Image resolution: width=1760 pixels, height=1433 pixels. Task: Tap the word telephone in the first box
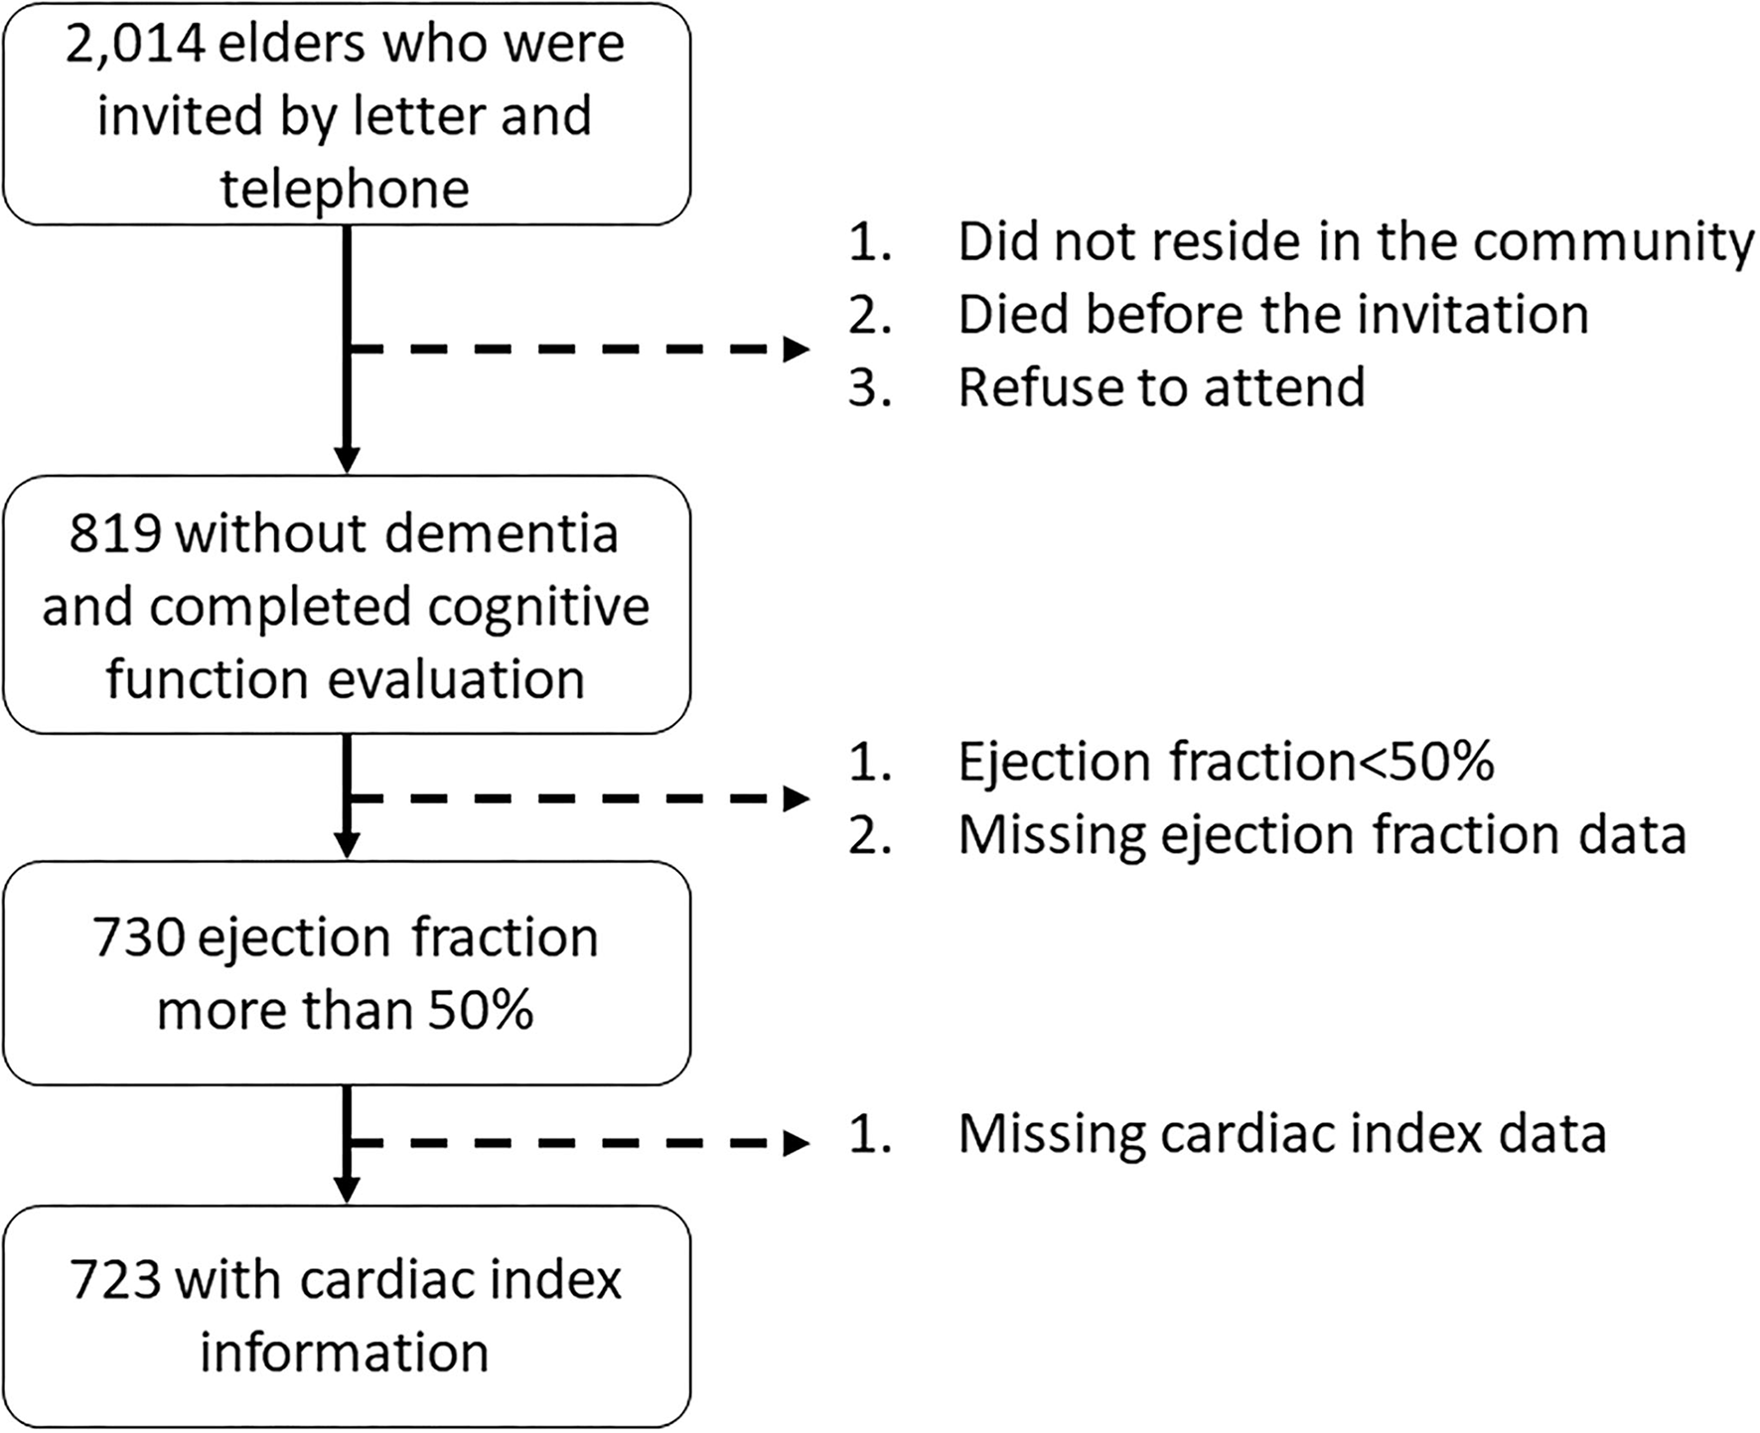pos(345,189)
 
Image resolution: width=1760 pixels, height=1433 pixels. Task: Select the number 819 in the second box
pos(115,533)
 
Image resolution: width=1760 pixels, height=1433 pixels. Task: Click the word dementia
pos(502,533)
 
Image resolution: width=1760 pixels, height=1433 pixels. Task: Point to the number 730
pos(138,937)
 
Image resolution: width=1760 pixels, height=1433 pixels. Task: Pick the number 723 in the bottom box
pos(115,1279)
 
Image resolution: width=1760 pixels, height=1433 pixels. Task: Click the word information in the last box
pos(345,1353)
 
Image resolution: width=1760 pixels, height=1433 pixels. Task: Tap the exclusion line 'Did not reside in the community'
pos(1355,242)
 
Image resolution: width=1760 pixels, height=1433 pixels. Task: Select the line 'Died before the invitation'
pos(1272,315)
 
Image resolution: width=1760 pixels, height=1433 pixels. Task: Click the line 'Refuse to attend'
pos(1161,387)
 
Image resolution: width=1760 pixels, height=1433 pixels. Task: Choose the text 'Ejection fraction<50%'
pos(1226,763)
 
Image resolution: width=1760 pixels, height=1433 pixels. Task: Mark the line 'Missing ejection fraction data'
pos(1321,835)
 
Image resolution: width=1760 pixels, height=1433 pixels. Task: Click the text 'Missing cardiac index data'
pos(1281,1134)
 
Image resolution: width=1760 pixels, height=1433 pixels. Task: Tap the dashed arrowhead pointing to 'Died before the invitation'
pos(797,350)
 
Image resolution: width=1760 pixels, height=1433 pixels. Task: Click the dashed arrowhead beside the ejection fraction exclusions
pos(797,798)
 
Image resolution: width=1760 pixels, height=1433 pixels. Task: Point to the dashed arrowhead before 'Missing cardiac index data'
pos(797,1144)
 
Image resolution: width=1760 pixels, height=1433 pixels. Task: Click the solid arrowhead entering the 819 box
pos(346,460)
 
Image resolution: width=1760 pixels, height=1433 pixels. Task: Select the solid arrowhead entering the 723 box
pos(346,1189)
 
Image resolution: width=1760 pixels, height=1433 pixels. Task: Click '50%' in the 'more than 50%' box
pos(481,1011)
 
